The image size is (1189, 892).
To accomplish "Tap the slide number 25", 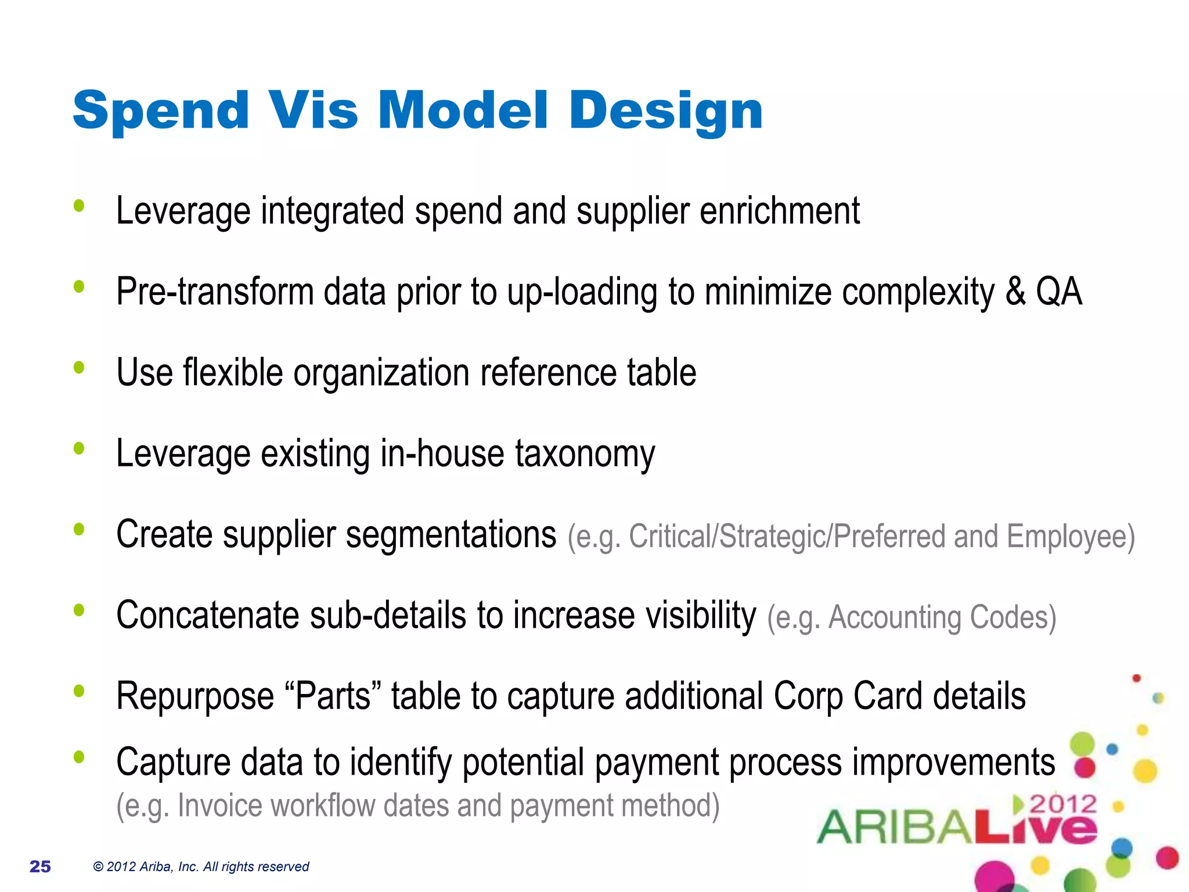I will tap(40, 866).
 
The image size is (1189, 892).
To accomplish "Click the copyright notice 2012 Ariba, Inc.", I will tap(200, 866).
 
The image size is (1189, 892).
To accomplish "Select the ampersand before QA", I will tap(1015, 292).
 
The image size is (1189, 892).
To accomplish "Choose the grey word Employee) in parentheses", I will tap(1071, 537).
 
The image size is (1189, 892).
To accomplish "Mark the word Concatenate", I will tap(207, 616).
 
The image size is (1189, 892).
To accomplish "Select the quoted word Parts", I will tap(333, 696).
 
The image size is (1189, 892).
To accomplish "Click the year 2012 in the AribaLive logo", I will tap(1062, 805).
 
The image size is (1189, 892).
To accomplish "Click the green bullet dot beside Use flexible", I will tap(80, 368).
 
